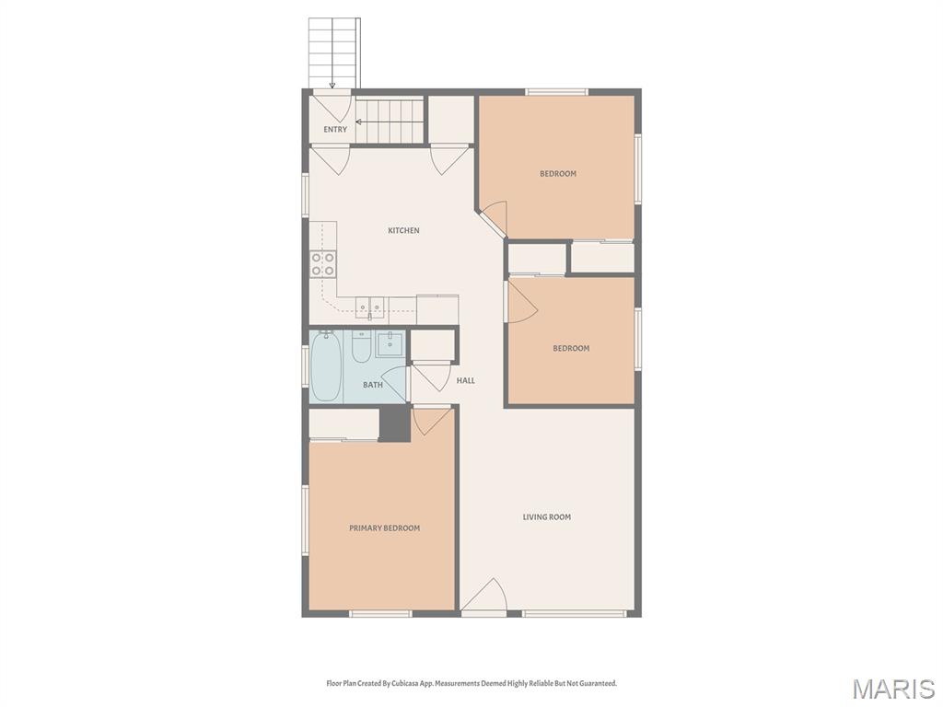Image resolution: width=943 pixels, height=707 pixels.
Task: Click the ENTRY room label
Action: pyautogui.click(x=335, y=129)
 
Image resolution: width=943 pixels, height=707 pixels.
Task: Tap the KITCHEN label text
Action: pyautogui.click(x=403, y=230)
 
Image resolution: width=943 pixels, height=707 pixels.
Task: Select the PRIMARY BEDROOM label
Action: pyautogui.click(x=384, y=527)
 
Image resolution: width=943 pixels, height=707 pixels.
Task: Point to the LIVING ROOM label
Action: pyautogui.click(x=547, y=516)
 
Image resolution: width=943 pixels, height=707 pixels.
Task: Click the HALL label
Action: pyautogui.click(x=465, y=380)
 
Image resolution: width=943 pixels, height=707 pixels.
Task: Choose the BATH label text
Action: pyautogui.click(x=373, y=385)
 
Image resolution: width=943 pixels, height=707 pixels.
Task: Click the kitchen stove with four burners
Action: pyautogui.click(x=323, y=264)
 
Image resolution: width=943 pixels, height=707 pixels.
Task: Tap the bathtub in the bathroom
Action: pyautogui.click(x=327, y=366)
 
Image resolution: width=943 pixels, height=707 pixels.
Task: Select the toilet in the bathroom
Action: pyautogui.click(x=361, y=347)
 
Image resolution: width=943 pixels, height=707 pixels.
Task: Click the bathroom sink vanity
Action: pyautogui.click(x=390, y=344)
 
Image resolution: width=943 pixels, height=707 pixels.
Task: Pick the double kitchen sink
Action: pyautogui.click(x=369, y=307)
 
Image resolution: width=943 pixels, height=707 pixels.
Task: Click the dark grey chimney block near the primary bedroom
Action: pyautogui.click(x=394, y=423)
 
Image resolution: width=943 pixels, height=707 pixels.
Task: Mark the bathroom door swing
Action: pyautogui.click(x=394, y=384)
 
